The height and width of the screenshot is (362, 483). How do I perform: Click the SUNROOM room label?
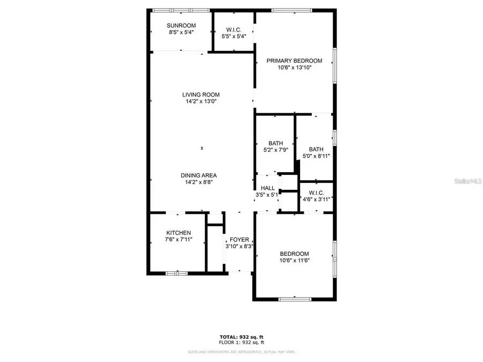[181, 25]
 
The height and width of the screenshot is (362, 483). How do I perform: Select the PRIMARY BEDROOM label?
[295, 61]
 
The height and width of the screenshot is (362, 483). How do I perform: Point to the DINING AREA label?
[199, 175]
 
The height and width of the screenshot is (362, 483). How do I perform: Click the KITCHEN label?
[178, 233]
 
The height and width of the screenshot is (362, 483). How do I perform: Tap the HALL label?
[268, 188]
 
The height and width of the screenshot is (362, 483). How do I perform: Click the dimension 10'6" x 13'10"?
[295, 68]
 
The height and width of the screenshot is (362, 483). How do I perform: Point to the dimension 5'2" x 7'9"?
[276, 150]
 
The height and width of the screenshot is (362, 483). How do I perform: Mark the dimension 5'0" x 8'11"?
[316, 156]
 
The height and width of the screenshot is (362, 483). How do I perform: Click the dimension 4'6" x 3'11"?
[316, 200]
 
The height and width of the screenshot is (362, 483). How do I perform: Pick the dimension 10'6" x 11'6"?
[295, 261]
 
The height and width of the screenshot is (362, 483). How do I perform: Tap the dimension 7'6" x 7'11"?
[178, 240]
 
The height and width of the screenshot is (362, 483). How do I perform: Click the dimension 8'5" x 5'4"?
[181, 32]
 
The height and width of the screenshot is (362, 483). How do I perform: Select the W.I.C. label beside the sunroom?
[233, 29]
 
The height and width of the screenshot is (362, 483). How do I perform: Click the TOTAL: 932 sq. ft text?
[241, 337]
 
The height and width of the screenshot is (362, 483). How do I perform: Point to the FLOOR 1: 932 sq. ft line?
[241, 342]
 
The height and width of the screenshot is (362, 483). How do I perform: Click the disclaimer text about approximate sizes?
[241, 352]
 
